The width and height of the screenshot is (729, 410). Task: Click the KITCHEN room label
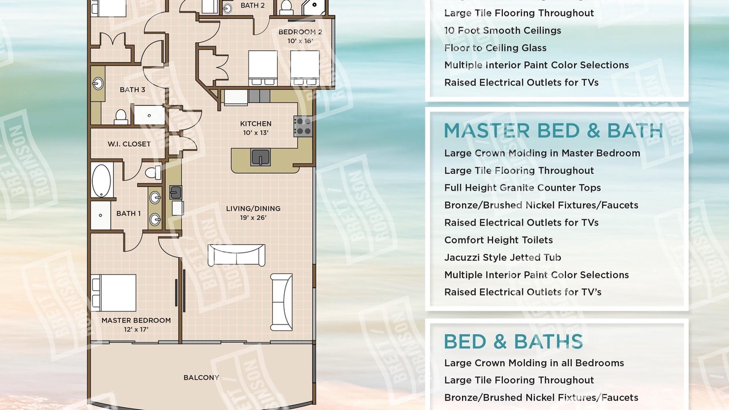pyautogui.click(x=256, y=124)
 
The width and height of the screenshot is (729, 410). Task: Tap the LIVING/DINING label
pyautogui.click(x=253, y=208)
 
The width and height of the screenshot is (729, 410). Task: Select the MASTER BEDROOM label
pyautogui.click(x=136, y=320)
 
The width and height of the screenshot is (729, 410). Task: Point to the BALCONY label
pyautogui.click(x=201, y=378)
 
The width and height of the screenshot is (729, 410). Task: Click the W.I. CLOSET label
pyautogui.click(x=129, y=144)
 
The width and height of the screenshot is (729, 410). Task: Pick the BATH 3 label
pyautogui.click(x=132, y=89)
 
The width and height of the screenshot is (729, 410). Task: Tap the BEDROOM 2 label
pyautogui.click(x=300, y=32)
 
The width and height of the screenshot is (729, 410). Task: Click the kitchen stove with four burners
pyautogui.click(x=303, y=126)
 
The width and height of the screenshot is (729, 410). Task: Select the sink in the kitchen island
pyautogui.click(x=260, y=158)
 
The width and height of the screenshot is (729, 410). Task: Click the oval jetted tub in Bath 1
pyautogui.click(x=101, y=181)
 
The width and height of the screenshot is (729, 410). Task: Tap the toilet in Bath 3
pyautogui.click(x=121, y=117)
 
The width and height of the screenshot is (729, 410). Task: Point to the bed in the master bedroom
pyautogui.click(x=113, y=293)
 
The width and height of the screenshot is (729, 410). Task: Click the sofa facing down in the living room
pyautogui.click(x=236, y=255)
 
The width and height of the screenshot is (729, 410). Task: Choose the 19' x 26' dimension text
pyautogui.click(x=253, y=218)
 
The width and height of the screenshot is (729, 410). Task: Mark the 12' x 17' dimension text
pyautogui.click(x=136, y=329)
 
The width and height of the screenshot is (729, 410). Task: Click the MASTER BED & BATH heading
pyautogui.click(x=553, y=131)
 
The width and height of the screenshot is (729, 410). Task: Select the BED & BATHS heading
pyautogui.click(x=513, y=341)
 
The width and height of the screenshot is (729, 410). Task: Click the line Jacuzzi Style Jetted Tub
pyautogui.click(x=502, y=257)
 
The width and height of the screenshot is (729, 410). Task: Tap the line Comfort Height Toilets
pyautogui.click(x=498, y=240)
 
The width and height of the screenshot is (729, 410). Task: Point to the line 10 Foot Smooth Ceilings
pyautogui.click(x=502, y=31)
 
